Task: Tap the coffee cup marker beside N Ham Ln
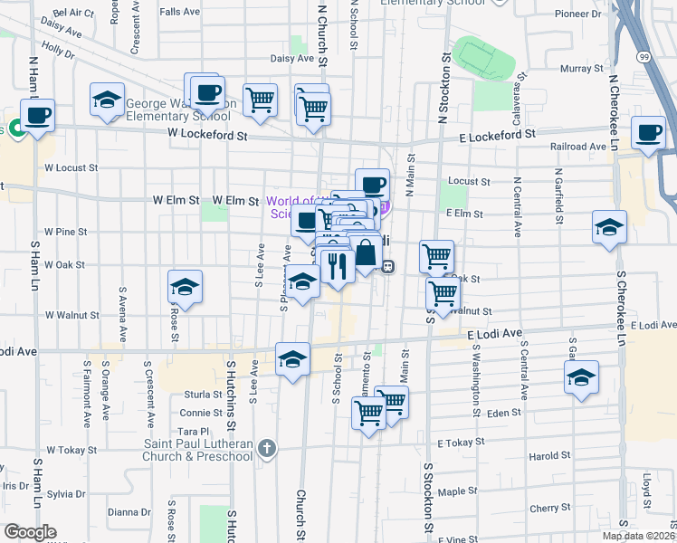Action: pyautogui.click(x=37, y=117)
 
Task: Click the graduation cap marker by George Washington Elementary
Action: pyautogui.click(x=108, y=100)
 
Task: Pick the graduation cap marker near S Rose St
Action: pyautogui.click(x=185, y=288)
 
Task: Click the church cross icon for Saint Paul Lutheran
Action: pyautogui.click(x=265, y=447)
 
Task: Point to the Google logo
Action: pyautogui.click(x=30, y=532)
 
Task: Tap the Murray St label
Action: pyautogui.click(x=576, y=69)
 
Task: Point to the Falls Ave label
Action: pyautogui.click(x=179, y=12)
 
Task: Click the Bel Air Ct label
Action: pyautogui.click(x=73, y=14)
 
